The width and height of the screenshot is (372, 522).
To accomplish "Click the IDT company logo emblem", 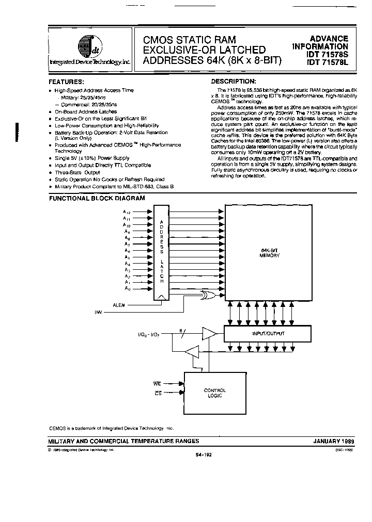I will pyautogui.click(x=88, y=48).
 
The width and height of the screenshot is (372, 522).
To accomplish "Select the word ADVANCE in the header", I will pyautogui.click(x=329, y=39).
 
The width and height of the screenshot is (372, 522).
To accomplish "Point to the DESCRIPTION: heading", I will pyautogui.click(x=234, y=81).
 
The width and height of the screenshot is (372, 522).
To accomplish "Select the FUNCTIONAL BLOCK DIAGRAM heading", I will pyautogui.click(x=97, y=198).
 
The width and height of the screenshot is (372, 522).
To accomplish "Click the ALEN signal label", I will pyautogui.click(x=119, y=305).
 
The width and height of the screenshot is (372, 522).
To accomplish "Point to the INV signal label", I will pyautogui.click(x=99, y=312).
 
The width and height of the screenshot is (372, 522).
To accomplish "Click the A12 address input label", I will pyautogui.click(x=127, y=212).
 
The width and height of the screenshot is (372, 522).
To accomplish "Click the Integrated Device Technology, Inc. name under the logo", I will pyautogui.click(x=89, y=62).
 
